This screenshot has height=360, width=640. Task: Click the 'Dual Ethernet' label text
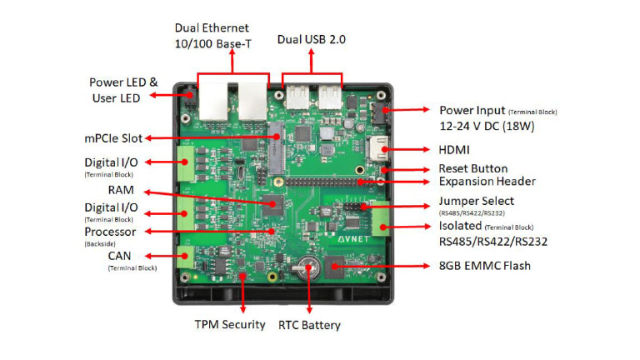(212, 28)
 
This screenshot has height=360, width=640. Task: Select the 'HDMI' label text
(455, 151)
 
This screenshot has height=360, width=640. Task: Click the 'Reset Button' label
(472, 167)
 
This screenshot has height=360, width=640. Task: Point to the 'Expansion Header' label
(487, 181)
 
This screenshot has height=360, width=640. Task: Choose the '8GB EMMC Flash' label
(485, 266)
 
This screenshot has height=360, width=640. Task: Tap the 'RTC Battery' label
(309, 325)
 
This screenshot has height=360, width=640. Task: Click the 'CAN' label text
(117, 255)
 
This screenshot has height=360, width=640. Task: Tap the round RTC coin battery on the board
(311, 268)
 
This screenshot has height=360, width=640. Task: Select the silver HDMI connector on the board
(380, 151)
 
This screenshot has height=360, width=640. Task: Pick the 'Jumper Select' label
(476, 201)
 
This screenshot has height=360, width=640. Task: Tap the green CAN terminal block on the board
(187, 257)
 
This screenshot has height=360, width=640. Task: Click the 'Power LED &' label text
(123, 82)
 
